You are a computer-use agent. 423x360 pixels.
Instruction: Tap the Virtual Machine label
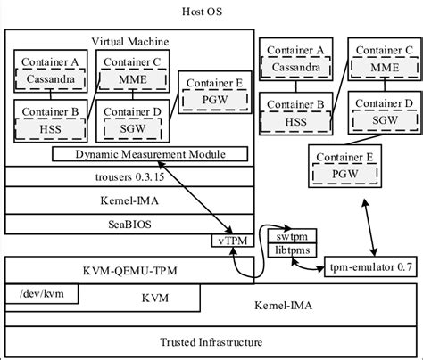pyautogui.click(x=131, y=42)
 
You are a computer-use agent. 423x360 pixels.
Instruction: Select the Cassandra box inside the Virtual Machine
pyautogui.click(x=51, y=78)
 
